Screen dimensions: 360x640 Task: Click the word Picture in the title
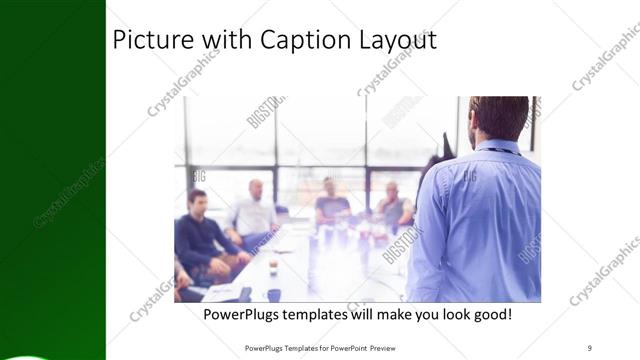tap(146, 41)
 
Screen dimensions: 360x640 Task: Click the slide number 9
tap(590, 348)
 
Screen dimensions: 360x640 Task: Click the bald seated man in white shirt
tap(254, 210)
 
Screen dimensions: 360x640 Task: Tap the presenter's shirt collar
tap(497, 147)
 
